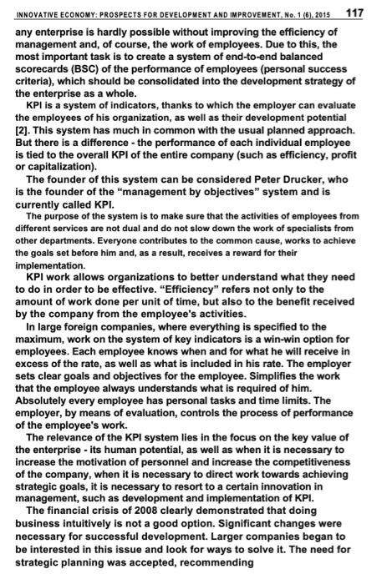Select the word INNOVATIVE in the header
click(x=39, y=13)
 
